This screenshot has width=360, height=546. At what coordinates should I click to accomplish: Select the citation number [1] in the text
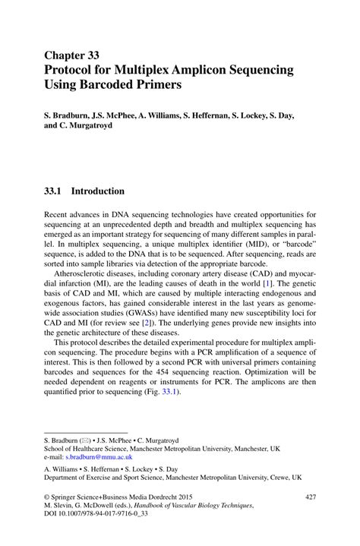point(267,283)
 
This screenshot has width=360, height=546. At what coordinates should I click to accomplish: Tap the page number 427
point(309,497)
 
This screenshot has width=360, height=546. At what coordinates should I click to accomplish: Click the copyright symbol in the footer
point(48,497)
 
